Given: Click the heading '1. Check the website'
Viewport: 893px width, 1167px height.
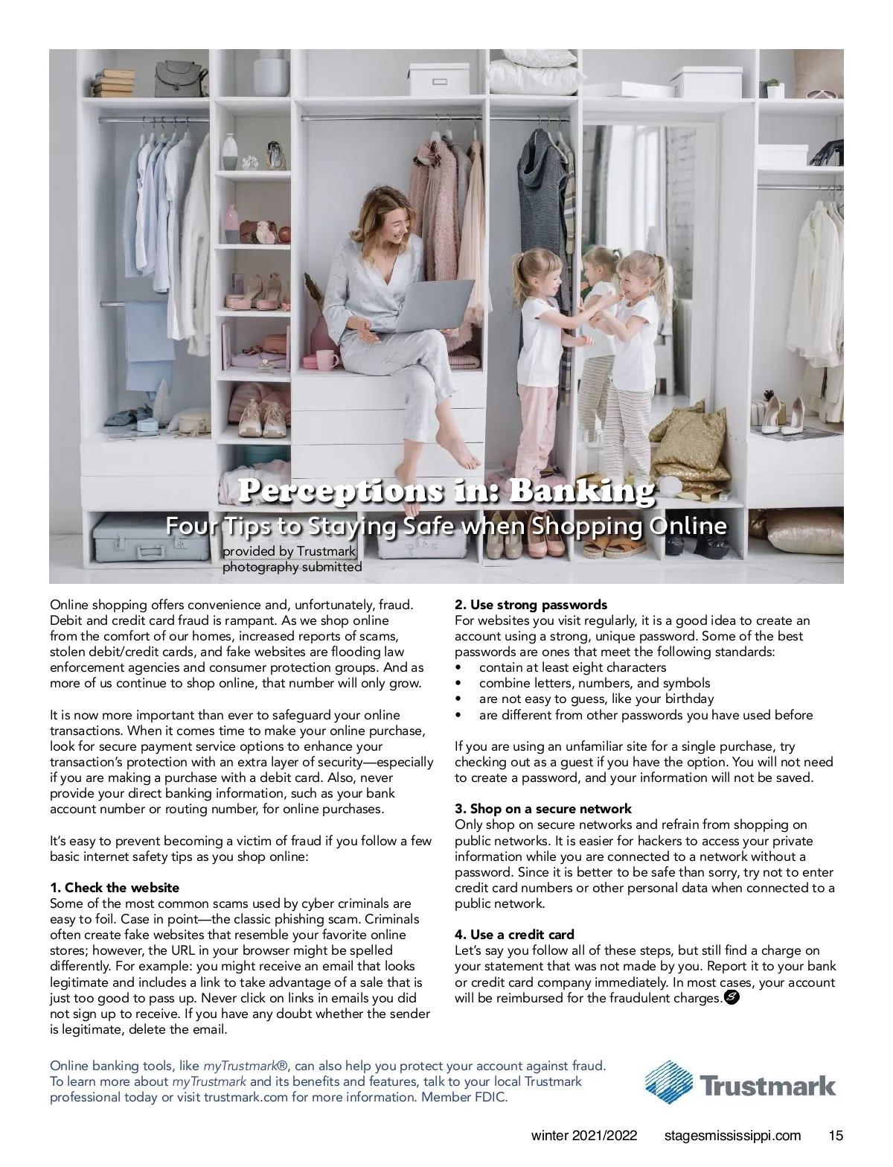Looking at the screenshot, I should (115, 888).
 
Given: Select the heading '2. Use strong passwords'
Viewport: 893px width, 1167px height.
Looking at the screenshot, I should (531, 605).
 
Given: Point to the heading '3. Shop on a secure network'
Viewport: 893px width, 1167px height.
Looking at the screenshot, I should (542, 809).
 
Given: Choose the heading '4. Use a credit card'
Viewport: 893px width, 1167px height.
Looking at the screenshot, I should (514, 935).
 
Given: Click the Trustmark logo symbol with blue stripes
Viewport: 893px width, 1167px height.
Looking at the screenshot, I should (668, 1082).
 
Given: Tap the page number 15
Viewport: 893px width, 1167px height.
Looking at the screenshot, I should (836, 1136).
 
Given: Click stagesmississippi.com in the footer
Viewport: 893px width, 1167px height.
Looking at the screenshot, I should (732, 1136).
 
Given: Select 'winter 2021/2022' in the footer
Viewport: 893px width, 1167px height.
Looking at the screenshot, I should (584, 1136).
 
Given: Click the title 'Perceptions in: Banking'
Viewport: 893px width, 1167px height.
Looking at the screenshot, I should (446, 492).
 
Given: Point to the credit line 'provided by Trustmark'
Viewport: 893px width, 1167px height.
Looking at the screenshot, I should (289, 552).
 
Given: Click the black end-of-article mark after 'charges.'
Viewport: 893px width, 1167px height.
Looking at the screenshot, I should (732, 998).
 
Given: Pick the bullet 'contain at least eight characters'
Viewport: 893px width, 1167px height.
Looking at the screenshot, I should (572, 667).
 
